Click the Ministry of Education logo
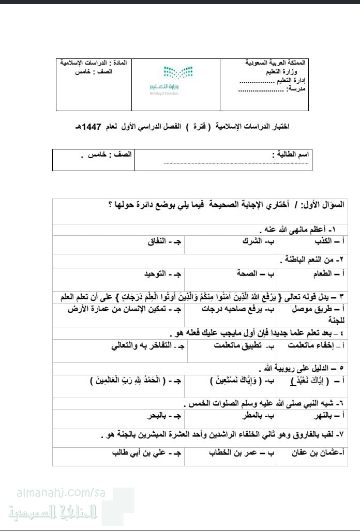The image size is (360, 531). point(176,80)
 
